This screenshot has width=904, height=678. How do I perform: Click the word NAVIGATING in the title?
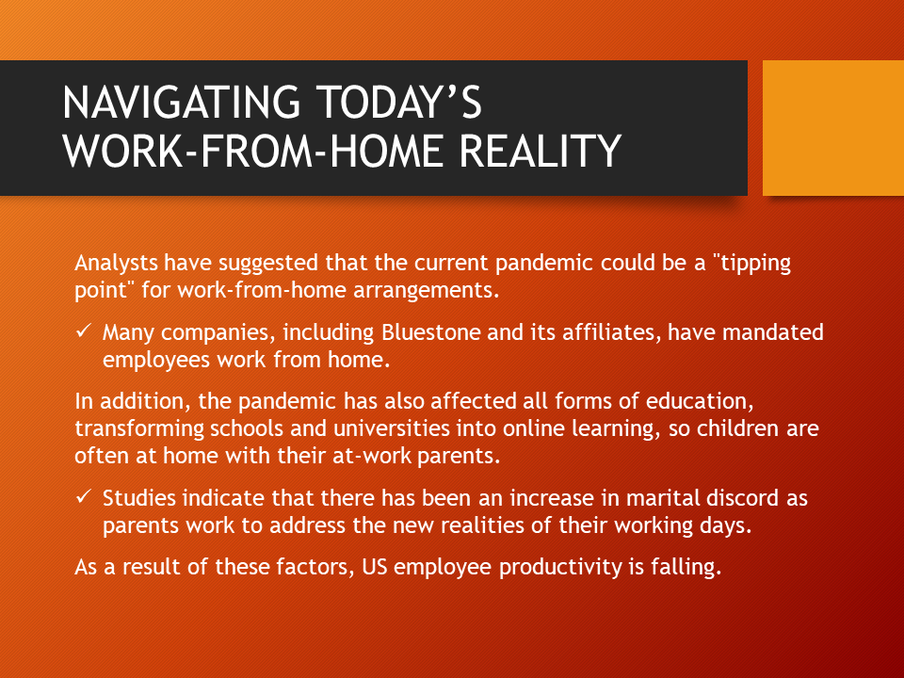(182, 103)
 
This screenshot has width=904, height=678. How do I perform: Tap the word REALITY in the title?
(541, 151)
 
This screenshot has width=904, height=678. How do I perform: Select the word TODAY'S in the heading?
(399, 102)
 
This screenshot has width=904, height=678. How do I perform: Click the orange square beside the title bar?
(833, 128)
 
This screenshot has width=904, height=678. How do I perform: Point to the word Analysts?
(116, 263)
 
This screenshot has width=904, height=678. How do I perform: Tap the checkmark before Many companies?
(84, 331)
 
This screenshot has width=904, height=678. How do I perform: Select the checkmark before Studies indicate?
(84, 496)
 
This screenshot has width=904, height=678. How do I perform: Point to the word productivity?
(560, 567)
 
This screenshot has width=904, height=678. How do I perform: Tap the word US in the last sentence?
(374, 567)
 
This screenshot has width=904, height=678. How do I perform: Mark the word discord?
(743, 498)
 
